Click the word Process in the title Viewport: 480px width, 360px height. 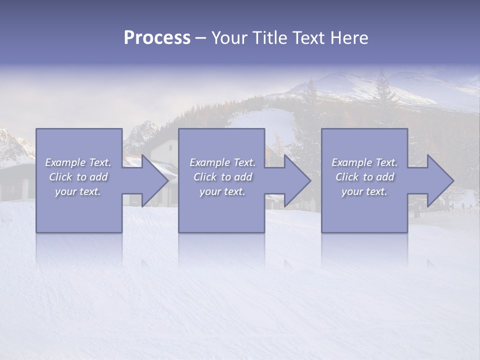click(x=157, y=38)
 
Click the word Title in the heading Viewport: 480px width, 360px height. click(x=268, y=38)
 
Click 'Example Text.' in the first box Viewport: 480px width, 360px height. click(x=78, y=162)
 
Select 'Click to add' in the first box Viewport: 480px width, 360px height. click(x=78, y=177)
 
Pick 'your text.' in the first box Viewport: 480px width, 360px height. click(x=78, y=191)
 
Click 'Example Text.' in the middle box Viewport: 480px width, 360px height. click(x=222, y=162)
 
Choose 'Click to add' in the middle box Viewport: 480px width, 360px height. click(x=222, y=177)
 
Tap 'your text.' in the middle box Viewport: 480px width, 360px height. click(x=222, y=191)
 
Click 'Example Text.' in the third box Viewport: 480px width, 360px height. click(x=364, y=162)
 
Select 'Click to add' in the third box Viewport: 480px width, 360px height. click(x=364, y=177)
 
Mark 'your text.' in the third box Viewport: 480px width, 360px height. click(x=364, y=191)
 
